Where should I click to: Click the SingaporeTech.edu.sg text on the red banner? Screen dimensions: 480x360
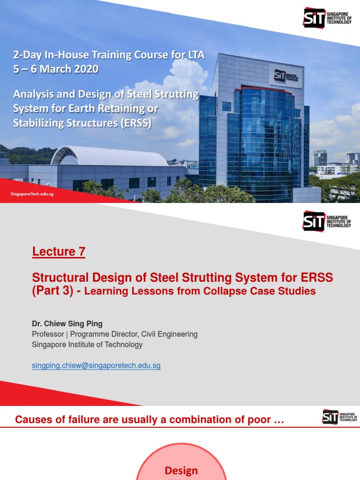point(32,194)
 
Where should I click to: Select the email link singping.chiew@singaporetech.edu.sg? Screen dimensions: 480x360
point(96,366)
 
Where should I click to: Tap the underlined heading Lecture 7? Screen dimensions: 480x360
point(59,252)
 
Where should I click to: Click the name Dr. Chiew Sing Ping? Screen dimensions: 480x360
point(67,323)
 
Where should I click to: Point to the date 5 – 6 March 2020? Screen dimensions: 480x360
point(56,69)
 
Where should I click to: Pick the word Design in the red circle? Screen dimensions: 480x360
point(181,471)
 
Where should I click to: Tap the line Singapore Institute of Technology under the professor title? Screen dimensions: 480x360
point(87,345)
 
